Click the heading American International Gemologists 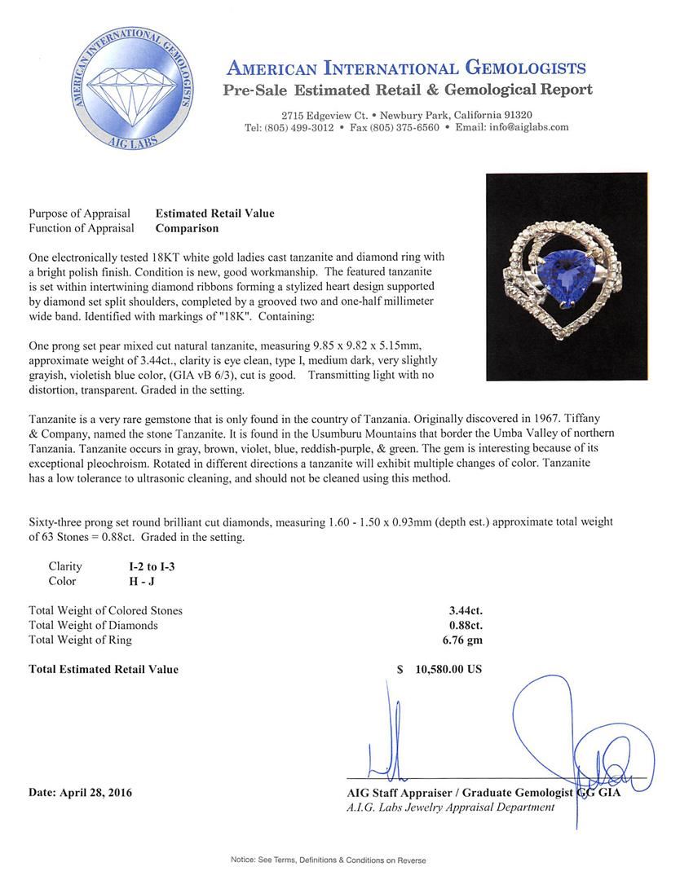tap(406, 68)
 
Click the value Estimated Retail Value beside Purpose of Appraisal tap(214, 213)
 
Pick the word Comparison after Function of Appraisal tap(187, 229)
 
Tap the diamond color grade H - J tap(144, 581)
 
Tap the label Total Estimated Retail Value tap(104, 670)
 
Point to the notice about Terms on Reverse tap(328, 860)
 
